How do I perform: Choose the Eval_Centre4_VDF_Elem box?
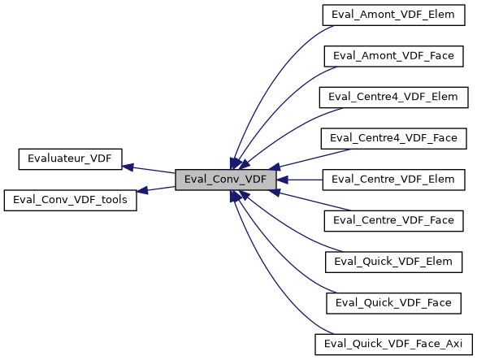click(x=394, y=97)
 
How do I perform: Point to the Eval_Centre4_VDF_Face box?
click(x=394, y=137)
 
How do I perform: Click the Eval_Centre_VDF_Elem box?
click(x=394, y=178)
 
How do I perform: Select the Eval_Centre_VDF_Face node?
click(x=394, y=219)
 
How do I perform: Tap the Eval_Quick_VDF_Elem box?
click(x=394, y=261)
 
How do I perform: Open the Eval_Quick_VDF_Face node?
click(x=394, y=302)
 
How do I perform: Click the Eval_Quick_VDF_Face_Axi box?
click(x=394, y=344)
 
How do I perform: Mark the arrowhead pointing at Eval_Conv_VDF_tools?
click(x=142, y=190)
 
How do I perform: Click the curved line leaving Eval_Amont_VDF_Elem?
click(x=268, y=73)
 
